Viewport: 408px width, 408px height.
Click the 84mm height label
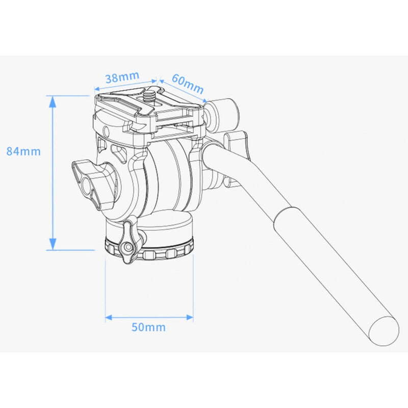click(23, 151)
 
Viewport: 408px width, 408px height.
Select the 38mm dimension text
click(122, 78)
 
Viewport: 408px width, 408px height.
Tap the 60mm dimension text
click(187, 84)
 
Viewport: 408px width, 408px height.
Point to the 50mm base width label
click(148, 327)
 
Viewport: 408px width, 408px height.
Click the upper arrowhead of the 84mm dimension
click(52, 100)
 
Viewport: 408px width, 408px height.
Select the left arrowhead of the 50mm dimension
click(109, 318)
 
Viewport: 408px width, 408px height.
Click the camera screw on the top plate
click(150, 95)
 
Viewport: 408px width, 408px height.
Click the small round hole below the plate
click(107, 131)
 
